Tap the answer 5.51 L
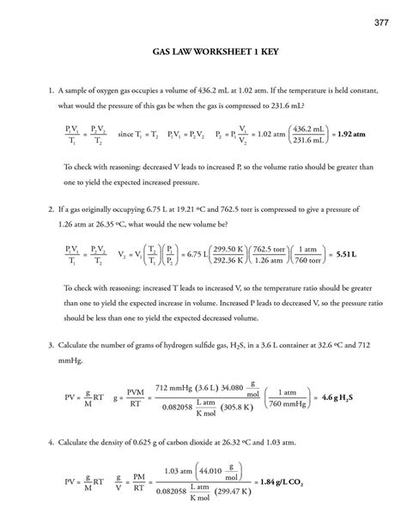(x=345, y=255)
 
